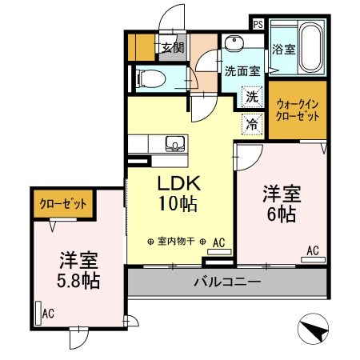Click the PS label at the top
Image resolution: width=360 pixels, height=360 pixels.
(258, 25)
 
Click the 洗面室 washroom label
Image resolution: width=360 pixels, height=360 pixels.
(241, 70)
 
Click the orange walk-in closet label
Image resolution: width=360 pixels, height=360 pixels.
(297, 109)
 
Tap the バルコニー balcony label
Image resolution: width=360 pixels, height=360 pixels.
(226, 282)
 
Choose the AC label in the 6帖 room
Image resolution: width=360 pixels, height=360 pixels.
(313, 251)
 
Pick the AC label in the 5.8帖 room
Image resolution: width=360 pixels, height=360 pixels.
(48, 313)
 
